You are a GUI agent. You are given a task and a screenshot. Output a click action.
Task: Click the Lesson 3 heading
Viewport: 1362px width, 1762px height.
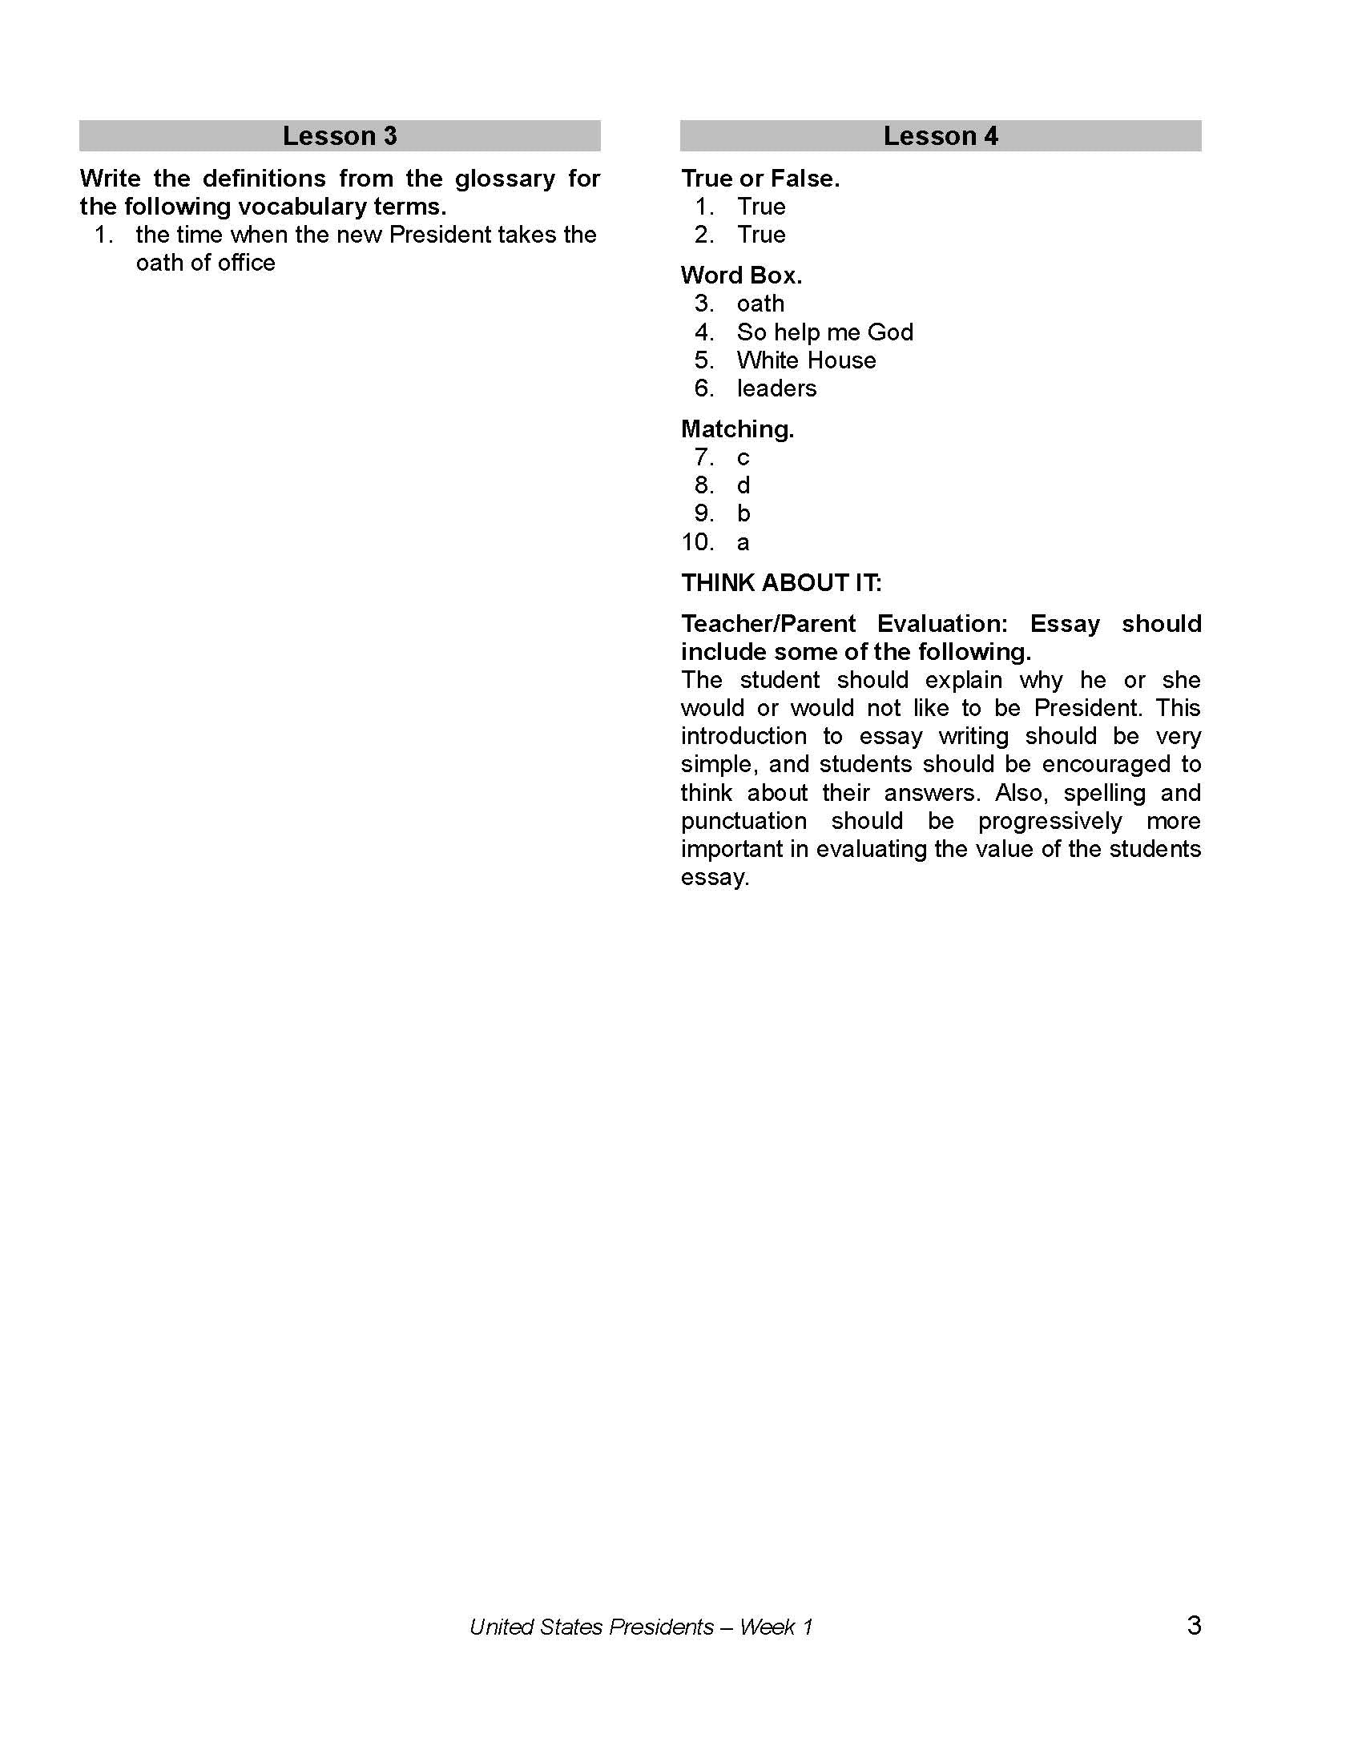[x=340, y=135]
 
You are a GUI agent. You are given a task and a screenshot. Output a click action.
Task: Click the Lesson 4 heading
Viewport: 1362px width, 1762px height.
[x=940, y=135]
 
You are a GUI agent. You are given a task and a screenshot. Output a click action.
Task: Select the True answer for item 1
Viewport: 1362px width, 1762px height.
[x=761, y=207]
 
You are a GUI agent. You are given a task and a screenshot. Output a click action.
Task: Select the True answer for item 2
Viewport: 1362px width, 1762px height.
[x=761, y=235]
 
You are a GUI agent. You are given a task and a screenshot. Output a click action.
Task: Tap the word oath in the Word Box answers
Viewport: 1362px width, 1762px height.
[x=760, y=304]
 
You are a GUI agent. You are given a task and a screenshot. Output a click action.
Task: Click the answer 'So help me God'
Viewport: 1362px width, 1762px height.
[x=824, y=332]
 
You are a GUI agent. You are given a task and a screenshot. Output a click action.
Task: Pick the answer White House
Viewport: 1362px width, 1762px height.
[x=806, y=360]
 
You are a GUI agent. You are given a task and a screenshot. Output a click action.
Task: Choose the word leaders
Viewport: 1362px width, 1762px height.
[x=776, y=388]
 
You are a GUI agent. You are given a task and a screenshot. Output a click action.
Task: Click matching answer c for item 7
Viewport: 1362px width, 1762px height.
[x=743, y=457]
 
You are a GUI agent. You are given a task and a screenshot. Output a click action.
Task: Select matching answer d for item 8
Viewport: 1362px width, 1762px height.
[x=743, y=485]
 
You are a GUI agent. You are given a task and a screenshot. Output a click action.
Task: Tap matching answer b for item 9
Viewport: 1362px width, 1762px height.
[x=743, y=513]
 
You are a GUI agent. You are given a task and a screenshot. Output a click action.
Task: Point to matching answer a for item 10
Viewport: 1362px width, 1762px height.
[x=743, y=542]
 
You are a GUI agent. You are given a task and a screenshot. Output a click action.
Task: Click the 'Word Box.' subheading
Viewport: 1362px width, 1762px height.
[x=741, y=275]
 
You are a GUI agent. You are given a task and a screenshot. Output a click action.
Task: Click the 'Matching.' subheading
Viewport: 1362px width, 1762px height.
[x=736, y=429]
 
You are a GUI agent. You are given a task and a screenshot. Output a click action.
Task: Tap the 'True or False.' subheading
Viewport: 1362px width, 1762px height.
[x=760, y=179]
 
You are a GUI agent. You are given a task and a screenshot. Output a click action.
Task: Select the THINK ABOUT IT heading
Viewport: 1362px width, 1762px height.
[x=781, y=582]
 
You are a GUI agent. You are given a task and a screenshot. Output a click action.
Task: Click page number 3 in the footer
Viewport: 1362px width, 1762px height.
[x=1195, y=1625]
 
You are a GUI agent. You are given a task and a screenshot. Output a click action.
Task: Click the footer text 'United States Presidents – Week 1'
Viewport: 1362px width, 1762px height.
[x=641, y=1627]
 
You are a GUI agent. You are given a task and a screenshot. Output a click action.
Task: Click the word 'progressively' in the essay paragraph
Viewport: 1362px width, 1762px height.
[x=1050, y=820]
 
